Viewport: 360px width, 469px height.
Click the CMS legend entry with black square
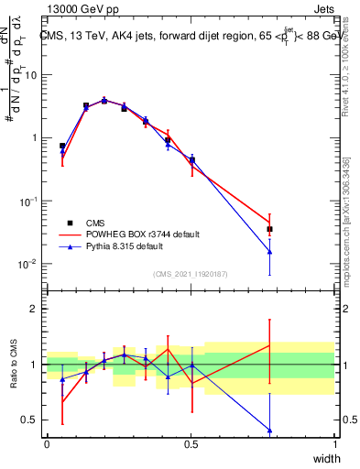pyautogui.click(x=92, y=223)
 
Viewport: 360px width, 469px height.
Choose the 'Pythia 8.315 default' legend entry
pyautogui.click(x=126, y=246)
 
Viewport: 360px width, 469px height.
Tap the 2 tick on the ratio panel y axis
pyautogui.click(x=36, y=309)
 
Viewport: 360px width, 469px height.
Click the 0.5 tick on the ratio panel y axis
pyautogui.click(x=31, y=420)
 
